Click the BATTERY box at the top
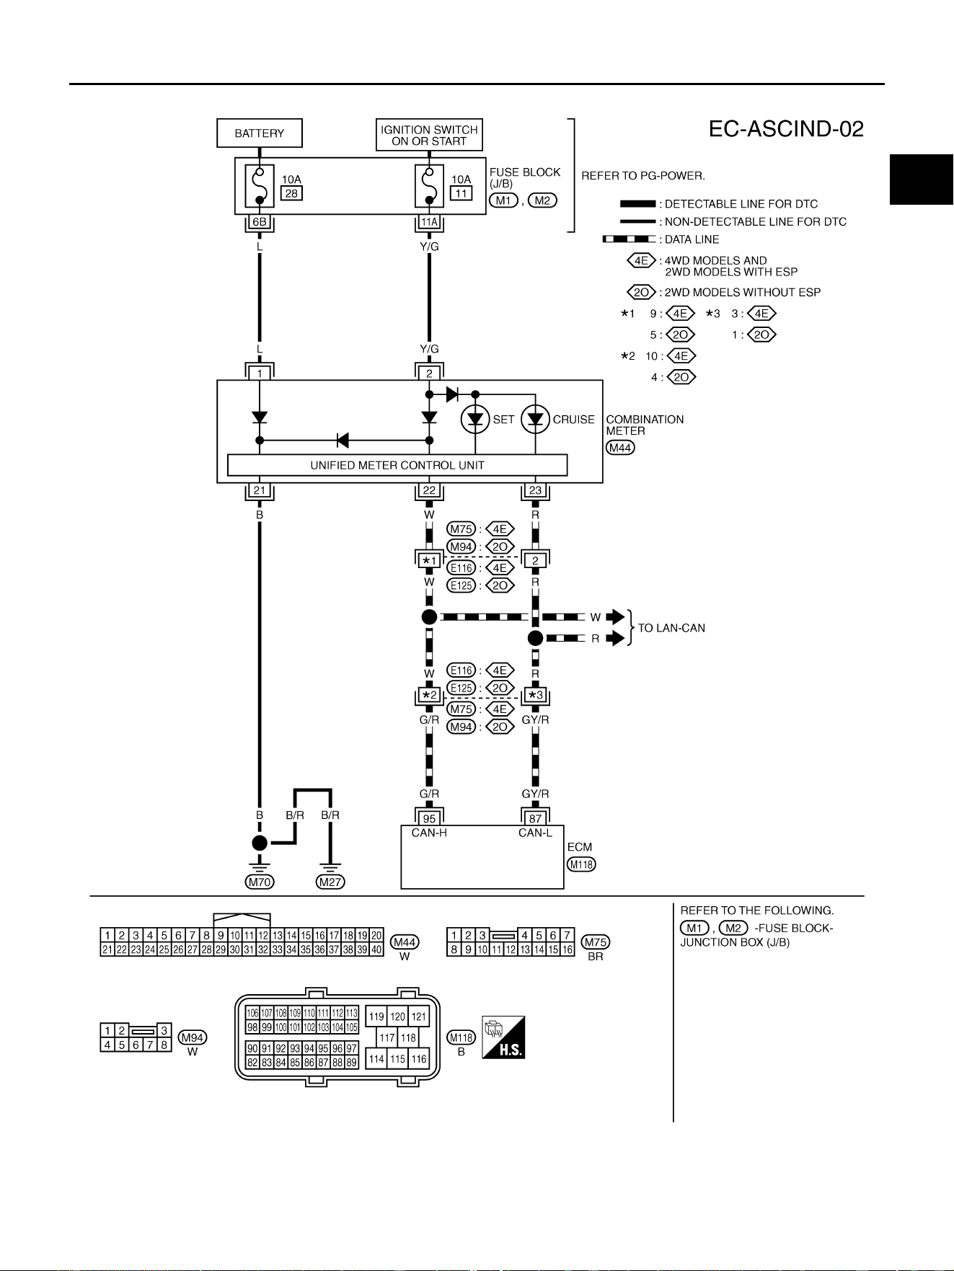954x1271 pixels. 260,133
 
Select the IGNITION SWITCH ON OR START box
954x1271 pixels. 429,135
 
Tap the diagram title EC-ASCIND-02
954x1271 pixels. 786,129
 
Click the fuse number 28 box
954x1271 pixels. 291,193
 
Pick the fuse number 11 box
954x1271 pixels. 461,193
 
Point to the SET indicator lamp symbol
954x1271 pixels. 475,420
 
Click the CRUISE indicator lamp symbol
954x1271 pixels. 535,420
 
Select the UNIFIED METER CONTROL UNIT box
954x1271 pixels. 397,465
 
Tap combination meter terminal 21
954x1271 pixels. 260,491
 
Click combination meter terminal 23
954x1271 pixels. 535,491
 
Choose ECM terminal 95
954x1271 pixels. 429,818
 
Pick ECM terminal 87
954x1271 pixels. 535,818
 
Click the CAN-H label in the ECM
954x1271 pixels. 429,833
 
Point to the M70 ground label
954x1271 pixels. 260,882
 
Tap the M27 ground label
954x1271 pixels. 330,882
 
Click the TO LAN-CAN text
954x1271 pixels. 671,628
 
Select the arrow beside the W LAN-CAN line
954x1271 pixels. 615,617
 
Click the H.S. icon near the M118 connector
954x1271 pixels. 503,1037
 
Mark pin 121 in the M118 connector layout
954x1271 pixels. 419,1017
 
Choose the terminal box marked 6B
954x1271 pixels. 260,222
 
